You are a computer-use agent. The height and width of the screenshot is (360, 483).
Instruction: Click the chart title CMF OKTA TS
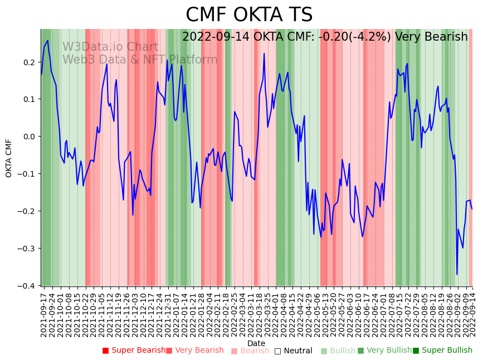pyautogui.click(x=249, y=15)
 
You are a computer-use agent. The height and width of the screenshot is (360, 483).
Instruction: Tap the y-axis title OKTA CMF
pyautogui.click(x=9, y=158)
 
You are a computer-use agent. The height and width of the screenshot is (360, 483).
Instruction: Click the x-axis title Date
pyautogui.click(x=256, y=343)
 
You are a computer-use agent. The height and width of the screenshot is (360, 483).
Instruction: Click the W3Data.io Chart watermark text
pyautogui.click(x=110, y=47)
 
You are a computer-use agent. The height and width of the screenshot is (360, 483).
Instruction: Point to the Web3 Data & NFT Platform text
pyautogui.click(x=140, y=60)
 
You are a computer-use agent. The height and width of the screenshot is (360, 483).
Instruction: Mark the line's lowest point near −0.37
pyautogui.click(x=457, y=274)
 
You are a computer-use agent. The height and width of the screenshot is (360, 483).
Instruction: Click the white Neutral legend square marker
pyautogui.click(x=277, y=351)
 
